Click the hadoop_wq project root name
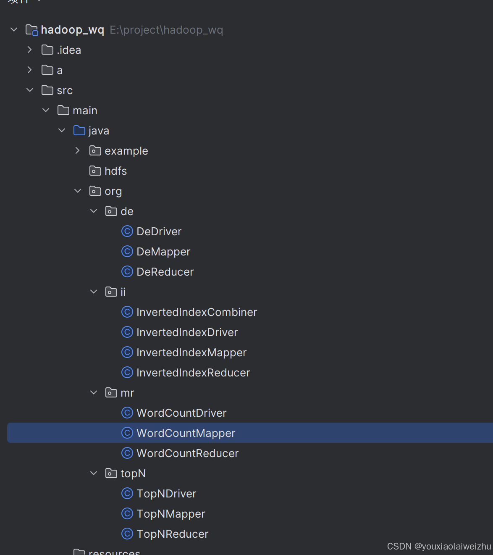[72, 30]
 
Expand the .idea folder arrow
[29, 50]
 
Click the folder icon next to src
[47, 90]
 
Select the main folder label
[85, 110]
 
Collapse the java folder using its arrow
[62, 130]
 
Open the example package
[126, 151]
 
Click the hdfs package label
[115, 171]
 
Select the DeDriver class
[159, 231]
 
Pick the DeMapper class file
[163, 252]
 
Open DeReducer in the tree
[165, 272]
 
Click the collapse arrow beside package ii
[94, 292]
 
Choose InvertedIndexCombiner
[197, 312]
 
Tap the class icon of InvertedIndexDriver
[127, 332]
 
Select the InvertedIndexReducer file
[193, 373]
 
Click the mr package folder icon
[111, 393]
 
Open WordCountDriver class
[181, 413]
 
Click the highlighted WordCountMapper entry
[186, 433]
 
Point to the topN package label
[133, 473]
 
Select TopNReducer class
[172, 534]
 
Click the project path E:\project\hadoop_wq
[166, 30]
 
